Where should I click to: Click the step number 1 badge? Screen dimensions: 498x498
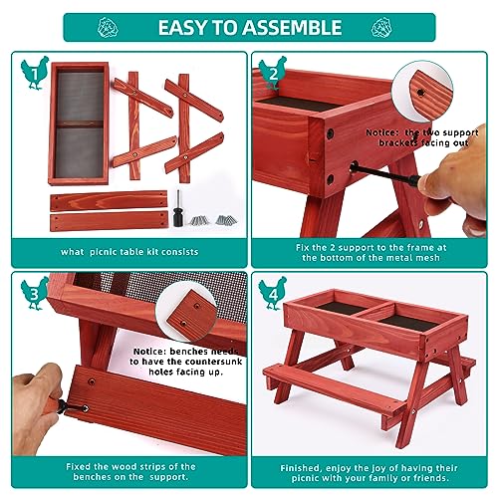coord(35,71)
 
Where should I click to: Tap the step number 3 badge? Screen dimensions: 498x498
coord(35,293)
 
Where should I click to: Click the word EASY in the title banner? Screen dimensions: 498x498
coord(183,26)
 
